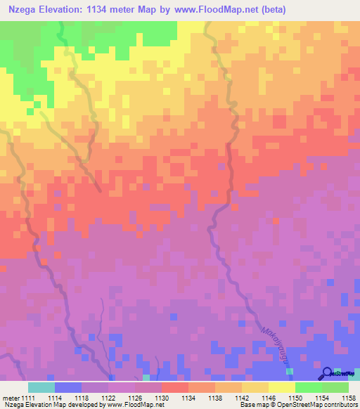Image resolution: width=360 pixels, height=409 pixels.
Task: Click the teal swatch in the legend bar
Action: (x=41, y=387)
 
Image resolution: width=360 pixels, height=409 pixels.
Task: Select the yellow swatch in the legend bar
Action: (x=281, y=387)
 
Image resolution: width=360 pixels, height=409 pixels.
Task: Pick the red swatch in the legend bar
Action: (x=174, y=387)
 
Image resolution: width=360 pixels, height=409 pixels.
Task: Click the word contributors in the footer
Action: (x=342, y=404)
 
